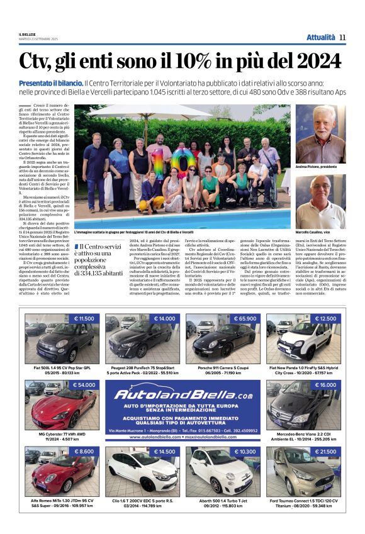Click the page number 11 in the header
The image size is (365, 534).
[342, 37]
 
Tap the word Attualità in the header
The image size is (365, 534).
[320, 37]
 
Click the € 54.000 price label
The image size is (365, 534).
[84, 384]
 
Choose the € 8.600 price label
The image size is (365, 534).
[84, 452]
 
